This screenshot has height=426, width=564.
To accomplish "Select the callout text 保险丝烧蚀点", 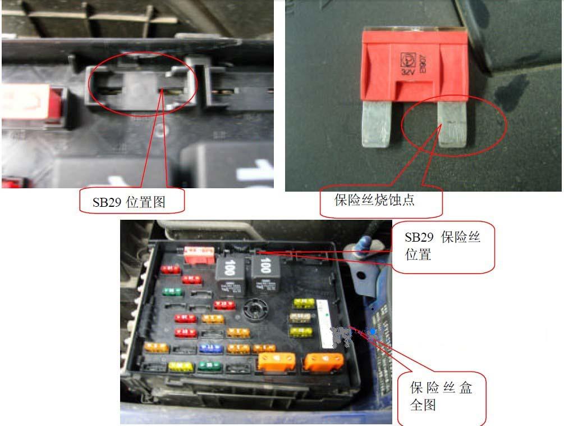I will pos(374,200).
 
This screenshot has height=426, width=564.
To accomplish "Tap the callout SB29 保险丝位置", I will pos(442,246).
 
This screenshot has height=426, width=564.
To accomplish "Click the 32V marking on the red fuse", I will pos(405,72).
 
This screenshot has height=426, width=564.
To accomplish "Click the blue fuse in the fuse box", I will pos(210,348).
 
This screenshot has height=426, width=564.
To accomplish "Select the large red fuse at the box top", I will pos(199,254).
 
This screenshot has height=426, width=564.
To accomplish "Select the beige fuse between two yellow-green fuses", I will pos(301,318).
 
